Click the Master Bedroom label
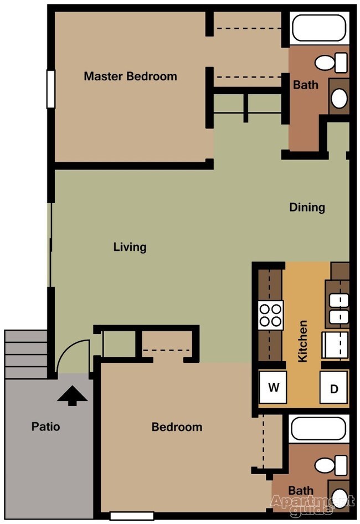(130, 76)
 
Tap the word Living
(130, 247)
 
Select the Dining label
(307, 208)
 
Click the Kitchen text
(302, 341)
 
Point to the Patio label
(45, 427)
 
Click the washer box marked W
(274, 387)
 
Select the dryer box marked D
(334, 388)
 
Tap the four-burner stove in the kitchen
(271, 315)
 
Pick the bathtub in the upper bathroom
(318, 29)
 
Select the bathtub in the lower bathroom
(318, 428)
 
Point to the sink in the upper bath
(338, 99)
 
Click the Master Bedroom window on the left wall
(50, 89)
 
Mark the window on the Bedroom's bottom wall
(131, 516)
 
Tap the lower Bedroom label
(177, 427)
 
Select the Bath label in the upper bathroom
(306, 85)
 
